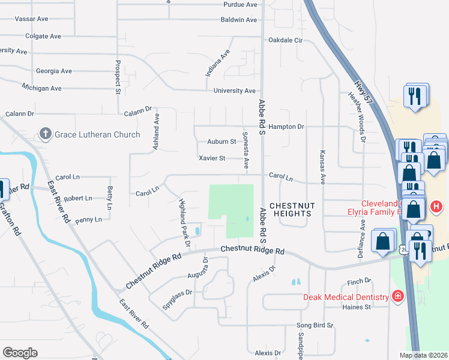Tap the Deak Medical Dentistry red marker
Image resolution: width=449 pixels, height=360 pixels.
(397, 296)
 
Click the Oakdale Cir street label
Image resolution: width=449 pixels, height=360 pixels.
(286, 41)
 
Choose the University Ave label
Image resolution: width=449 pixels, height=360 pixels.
(234, 91)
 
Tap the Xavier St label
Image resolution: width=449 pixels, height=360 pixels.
(212, 158)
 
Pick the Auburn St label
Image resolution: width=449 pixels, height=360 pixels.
(221, 142)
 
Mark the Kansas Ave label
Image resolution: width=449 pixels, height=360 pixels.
(322, 167)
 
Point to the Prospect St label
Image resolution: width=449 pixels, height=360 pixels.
(118, 77)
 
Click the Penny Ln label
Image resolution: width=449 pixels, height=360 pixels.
(89, 220)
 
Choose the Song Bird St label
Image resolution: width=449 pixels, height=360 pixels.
(315, 325)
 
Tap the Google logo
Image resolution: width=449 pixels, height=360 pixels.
(20, 353)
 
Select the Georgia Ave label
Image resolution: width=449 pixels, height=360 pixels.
(54, 71)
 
